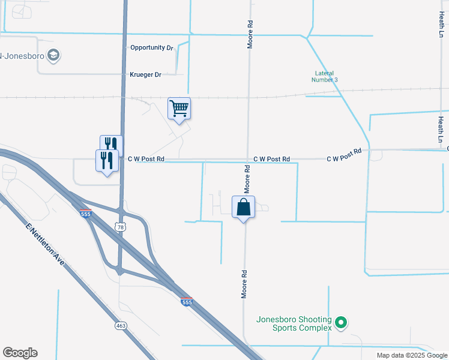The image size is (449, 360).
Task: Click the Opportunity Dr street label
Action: [x=151, y=47]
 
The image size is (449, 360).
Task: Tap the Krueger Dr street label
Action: [x=146, y=75]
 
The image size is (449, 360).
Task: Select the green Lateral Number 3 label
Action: [x=327, y=76]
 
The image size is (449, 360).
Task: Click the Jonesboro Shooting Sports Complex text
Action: [x=294, y=323]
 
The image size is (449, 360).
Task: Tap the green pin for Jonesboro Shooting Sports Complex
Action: [x=341, y=323]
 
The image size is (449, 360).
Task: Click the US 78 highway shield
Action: [x=121, y=227]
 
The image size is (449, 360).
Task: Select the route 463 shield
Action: [x=121, y=325]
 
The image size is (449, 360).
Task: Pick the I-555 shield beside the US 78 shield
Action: [x=85, y=214]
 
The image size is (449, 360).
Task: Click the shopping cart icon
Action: [x=179, y=109]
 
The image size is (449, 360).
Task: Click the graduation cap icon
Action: [x=54, y=56]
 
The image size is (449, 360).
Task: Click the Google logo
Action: [x=20, y=353]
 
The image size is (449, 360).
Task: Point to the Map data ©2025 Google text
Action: [x=411, y=355]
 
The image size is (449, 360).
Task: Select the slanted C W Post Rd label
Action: [x=344, y=155]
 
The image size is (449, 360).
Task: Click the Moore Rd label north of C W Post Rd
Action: [x=250, y=35]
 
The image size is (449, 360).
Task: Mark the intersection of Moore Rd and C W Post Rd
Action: [x=248, y=160]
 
